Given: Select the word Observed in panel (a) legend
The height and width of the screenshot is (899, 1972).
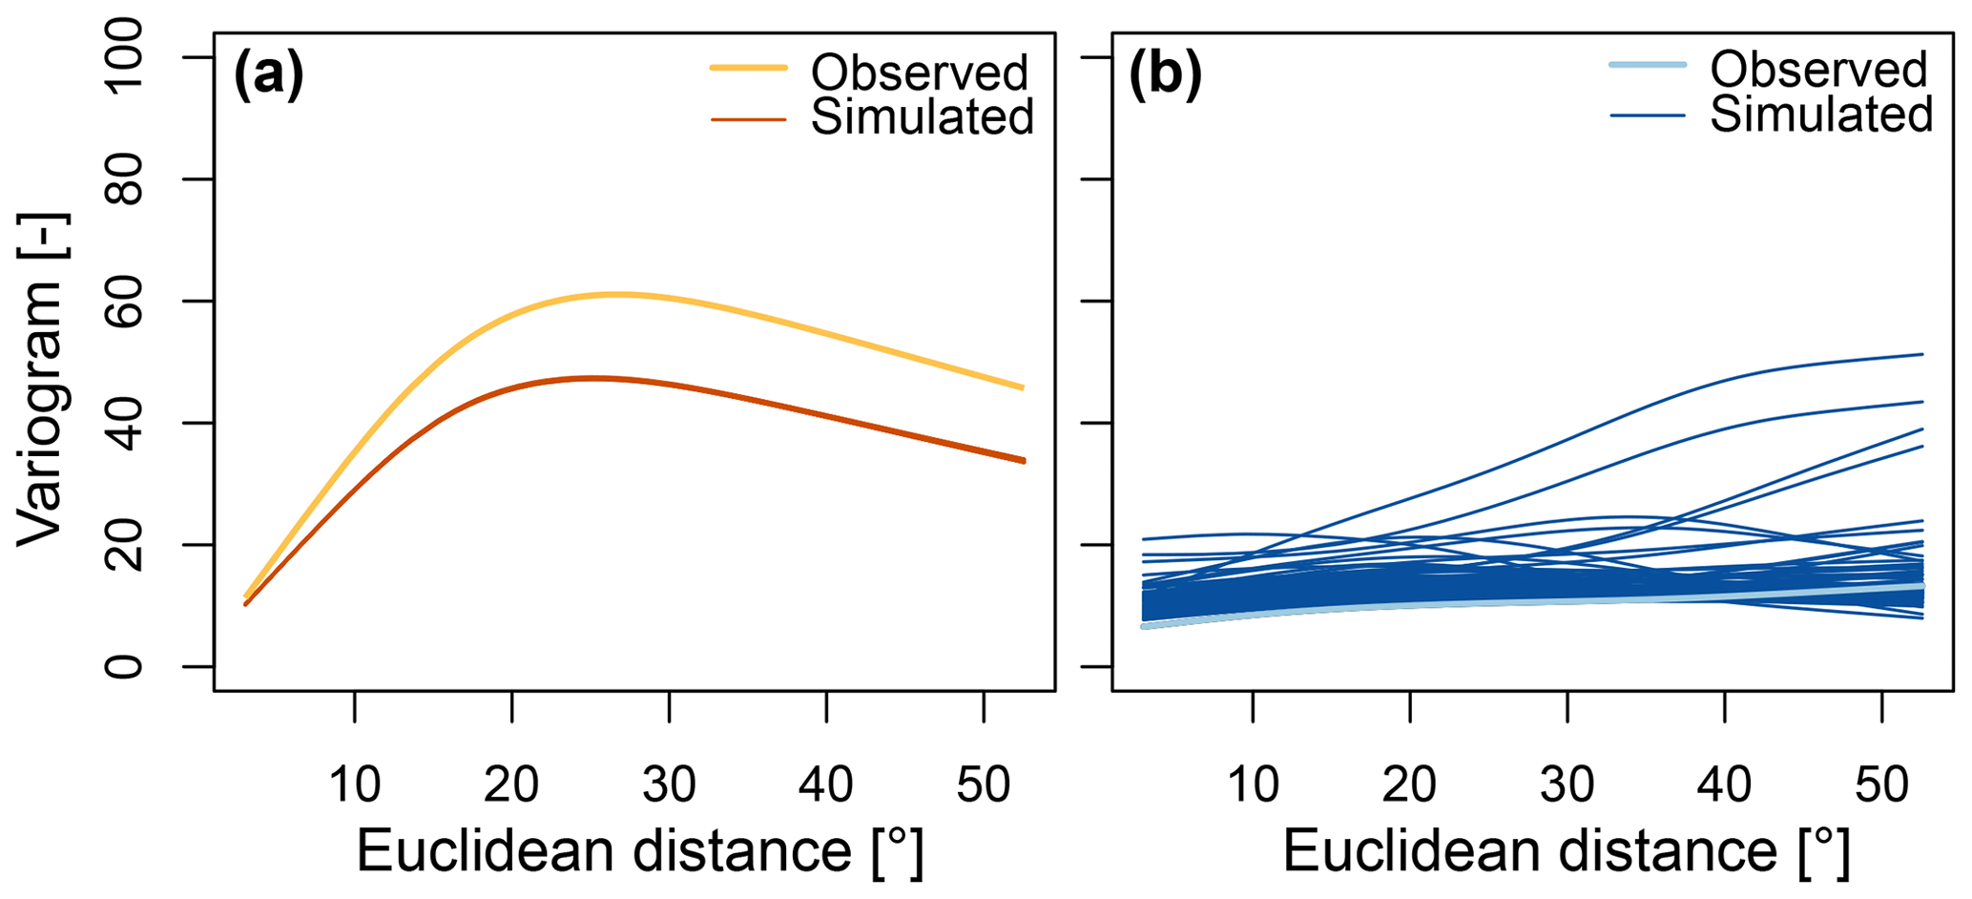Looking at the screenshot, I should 920,72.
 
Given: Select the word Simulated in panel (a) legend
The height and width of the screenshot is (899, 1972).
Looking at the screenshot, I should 923,117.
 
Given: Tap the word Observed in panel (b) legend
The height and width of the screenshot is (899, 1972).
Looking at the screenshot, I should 1819,69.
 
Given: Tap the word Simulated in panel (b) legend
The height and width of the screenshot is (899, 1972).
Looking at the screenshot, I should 1821,115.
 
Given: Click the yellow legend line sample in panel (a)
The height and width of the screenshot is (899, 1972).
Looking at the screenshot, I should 749,68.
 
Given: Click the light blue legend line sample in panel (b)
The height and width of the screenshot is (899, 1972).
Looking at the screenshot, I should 1648,65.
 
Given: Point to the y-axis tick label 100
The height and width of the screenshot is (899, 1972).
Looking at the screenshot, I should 125,58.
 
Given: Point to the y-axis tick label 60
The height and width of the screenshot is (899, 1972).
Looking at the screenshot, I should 125,302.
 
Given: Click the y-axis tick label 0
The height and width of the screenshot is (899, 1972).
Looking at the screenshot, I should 125,666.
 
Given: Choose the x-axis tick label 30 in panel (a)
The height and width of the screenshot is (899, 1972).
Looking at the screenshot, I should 669,784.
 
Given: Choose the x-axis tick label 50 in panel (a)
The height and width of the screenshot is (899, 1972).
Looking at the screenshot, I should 984,784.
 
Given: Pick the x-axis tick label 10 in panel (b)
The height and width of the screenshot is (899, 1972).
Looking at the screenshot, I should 1253,784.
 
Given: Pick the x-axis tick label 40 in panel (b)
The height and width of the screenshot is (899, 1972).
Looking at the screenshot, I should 1725,784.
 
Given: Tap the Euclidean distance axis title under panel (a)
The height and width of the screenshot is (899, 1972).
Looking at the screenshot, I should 639,850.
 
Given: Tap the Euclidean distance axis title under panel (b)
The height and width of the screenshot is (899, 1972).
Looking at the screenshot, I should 1566,850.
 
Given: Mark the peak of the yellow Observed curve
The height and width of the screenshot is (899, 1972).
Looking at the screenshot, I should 617,294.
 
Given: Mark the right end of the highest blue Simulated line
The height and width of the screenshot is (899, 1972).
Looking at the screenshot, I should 1921,354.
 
